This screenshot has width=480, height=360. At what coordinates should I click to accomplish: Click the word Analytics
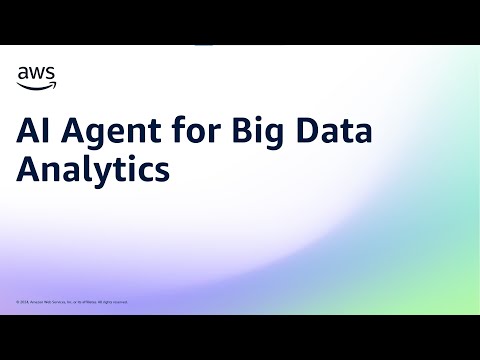[x=92, y=170]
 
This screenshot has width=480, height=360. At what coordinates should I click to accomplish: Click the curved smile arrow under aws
[x=37, y=83]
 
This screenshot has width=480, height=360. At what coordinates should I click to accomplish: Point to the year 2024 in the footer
[x=25, y=301]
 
